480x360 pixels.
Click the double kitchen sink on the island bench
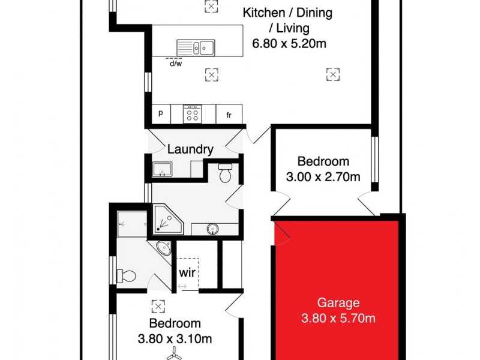coord(196,46)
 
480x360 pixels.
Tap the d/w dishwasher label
coord(176,63)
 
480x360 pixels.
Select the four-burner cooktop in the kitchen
coord(193,113)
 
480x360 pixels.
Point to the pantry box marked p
coord(161,113)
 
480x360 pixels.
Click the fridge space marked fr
coord(229,115)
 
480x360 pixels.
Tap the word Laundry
coord(190,149)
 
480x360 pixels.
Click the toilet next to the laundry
coord(226,173)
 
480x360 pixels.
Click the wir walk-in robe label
coord(187,272)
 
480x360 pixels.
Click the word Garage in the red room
coord(338,303)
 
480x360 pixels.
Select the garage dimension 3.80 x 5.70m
coord(338,319)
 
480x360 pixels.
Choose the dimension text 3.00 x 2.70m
coord(323,176)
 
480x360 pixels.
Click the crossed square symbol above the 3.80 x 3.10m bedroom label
coord(158,305)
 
